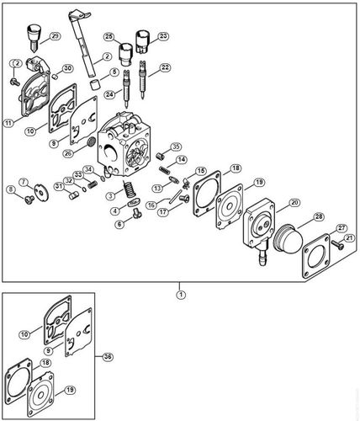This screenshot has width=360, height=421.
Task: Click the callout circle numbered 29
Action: (x=55, y=37)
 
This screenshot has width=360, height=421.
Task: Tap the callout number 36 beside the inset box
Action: (x=108, y=356)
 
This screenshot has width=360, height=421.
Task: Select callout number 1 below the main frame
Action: (x=179, y=294)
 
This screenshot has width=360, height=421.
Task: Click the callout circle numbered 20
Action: (x=294, y=202)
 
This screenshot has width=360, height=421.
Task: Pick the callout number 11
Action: (x=8, y=122)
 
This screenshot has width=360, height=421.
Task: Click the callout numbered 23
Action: (x=162, y=35)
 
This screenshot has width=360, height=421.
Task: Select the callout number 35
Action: (x=175, y=147)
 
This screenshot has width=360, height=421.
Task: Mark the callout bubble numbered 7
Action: (x=25, y=181)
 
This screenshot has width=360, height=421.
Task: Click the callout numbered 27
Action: (x=342, y=228)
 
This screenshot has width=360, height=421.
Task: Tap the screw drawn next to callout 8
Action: (x=28, y=199)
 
